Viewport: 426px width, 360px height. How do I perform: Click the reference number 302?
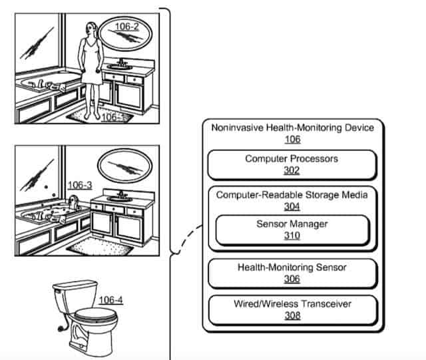coord(292,170)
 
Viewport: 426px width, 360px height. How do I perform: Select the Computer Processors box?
coord(292,164)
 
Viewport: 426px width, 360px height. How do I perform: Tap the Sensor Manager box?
coord(292,230)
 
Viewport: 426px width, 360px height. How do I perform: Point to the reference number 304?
coord(292,206)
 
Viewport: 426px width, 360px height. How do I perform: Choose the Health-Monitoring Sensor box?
coord(292,273)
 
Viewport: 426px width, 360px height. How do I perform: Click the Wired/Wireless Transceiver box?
coord(292,309)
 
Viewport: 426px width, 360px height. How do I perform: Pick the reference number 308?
coord(292,315)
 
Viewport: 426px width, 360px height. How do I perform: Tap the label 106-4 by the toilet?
coord(110,299)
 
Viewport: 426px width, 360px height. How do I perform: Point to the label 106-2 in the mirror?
coord(126,27)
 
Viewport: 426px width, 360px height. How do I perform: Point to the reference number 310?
coord(292,236)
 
